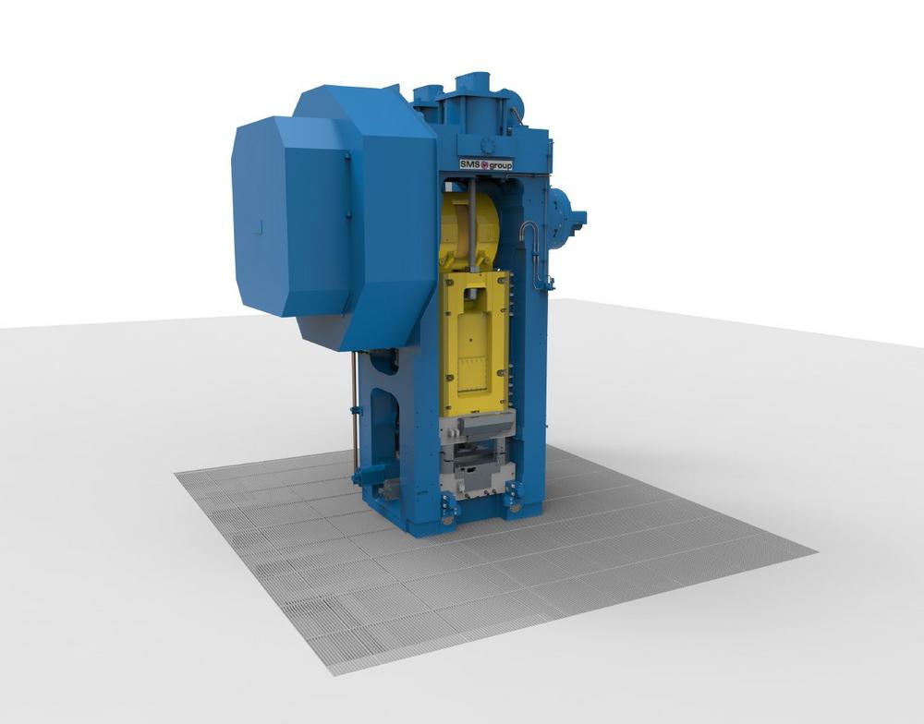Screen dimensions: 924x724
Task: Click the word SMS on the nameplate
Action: click(x=470, y=164)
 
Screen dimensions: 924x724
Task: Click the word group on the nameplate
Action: click(x=500, y=165)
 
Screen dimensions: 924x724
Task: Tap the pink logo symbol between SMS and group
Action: click(x=485, y=165)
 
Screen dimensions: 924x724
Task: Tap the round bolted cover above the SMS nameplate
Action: click(x=487, y=144)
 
